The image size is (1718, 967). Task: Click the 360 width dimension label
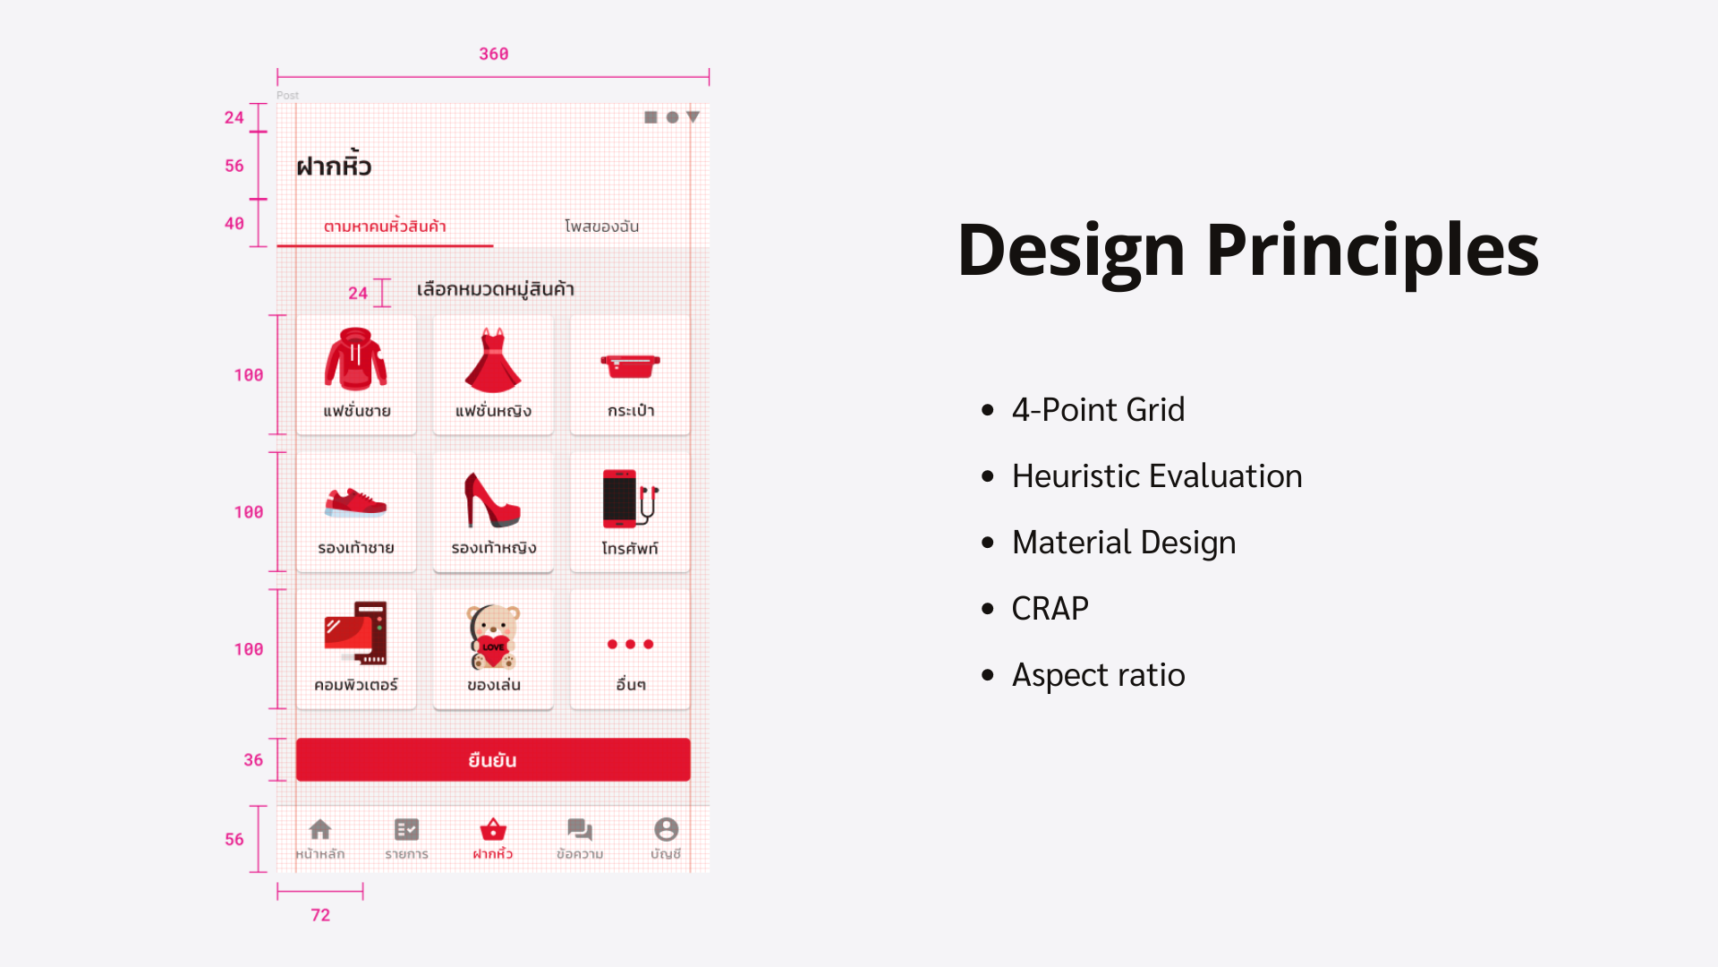[493, 54]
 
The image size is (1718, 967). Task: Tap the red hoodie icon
[356, 359]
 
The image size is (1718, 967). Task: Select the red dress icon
[493, 360]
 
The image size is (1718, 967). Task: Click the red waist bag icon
[630, 365]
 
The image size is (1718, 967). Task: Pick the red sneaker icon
[356, 503]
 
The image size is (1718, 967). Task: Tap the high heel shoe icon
[492, 500]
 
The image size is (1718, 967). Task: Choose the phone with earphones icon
[630, 499]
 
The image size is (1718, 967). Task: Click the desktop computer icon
[356, 633]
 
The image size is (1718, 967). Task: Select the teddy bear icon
[493, 637]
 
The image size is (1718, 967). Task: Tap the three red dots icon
[630, 644]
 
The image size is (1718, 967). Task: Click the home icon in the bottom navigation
[320, 829]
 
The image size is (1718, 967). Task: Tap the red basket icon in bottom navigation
[493, 829]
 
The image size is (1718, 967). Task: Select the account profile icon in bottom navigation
[666, 829]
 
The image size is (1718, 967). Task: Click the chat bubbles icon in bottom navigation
[580, 829]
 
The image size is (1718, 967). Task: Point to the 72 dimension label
[320, 915]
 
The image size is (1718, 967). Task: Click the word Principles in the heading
[1373, 251]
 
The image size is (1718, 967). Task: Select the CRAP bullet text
[1050, 609]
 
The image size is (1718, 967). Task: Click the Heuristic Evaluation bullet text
[1157, 476]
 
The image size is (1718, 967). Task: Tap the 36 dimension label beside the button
[253, 760]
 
